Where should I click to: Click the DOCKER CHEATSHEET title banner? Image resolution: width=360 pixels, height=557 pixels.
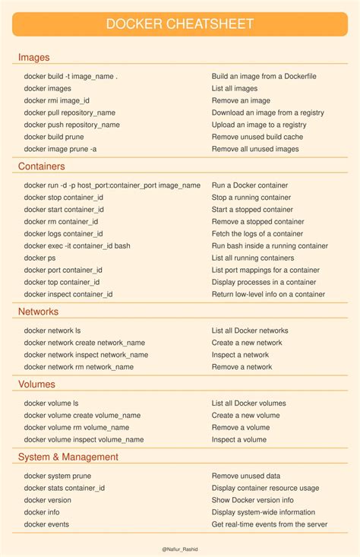[x=179, y=24]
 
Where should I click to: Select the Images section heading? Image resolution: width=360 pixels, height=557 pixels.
[x=33, y=57]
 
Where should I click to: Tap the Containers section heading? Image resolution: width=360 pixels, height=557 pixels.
[x=41, y=166]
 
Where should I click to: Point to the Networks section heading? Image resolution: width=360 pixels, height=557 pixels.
[x=38, y=312]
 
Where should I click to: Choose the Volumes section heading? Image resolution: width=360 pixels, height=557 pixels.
[x=36, y=385]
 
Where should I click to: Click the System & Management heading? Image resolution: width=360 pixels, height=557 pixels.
[x=68, y=457]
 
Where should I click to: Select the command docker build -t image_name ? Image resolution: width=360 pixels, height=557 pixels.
[x=71, y=76]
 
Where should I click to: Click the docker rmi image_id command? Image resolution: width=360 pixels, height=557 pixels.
[x=56, y=100]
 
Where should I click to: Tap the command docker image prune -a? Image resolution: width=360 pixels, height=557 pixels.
[x=60, y=149]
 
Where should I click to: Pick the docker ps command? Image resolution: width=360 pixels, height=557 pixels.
[x=39, y=258]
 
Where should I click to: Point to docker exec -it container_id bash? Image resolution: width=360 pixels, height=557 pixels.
[x=77, y=245]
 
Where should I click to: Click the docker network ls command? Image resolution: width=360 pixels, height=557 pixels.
[x=52, y=331]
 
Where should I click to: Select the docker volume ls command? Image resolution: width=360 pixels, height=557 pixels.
[x=51, y=403]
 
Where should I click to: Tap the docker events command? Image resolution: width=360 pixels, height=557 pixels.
[x=46, y=524]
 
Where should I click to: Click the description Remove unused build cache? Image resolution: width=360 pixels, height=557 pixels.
[x=257, y=137]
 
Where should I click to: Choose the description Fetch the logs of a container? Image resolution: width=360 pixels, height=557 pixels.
[x=257, y=233]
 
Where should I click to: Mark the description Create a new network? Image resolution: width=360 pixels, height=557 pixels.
[x=246, y=343]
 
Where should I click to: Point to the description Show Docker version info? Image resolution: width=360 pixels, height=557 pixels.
[x=252, y=500]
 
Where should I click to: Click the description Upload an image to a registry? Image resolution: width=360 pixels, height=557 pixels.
[x=258, y=125]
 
